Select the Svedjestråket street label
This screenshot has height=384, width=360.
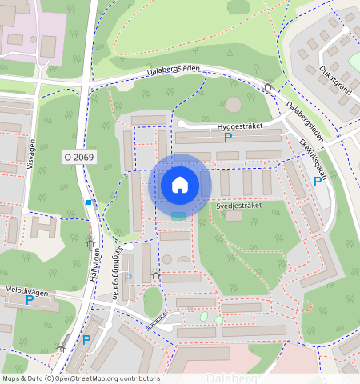pyautogui.click(x=240, y=205)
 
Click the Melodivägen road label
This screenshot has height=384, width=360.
pyautogui.click(x=25, y=293)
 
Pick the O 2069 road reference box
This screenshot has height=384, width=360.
pyautogui.click(x=78, y=158)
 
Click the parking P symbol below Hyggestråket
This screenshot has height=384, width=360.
pyautogui.click(x=228, y=138)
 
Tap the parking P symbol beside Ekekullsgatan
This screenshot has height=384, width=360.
pyautogui.click(x=318, y=182)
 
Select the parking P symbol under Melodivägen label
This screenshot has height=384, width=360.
pyautogui.click(x=30, y=301)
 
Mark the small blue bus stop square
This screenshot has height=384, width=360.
pyautogui.click(x=89, y=202)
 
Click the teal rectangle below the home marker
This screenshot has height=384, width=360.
pyautogui.click(x=178, y=215)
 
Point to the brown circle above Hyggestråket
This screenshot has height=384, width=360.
pyautogui.click(x=233, y=104)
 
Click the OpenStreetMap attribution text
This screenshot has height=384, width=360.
pyautogui.click(x=81, y=378)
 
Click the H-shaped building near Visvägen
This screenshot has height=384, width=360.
pyautogui.click(x=43, y=228)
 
